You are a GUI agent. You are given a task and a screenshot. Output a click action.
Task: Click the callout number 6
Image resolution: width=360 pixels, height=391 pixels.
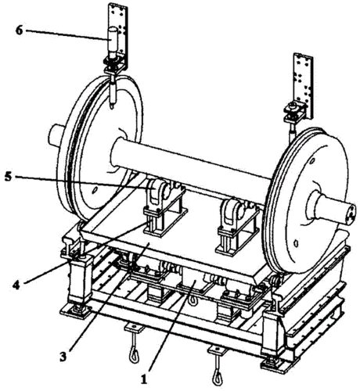[x=19, y=30]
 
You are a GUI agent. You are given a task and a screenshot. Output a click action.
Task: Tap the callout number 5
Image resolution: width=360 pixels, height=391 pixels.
[x=8, y=177]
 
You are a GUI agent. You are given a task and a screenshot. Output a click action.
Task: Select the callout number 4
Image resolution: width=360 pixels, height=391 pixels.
[x=16, y=285]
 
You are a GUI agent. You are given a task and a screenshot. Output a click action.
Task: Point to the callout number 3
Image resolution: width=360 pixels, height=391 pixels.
[x=63, y=357]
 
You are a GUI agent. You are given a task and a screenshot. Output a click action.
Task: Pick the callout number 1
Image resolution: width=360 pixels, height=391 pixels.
[x=144, y=379]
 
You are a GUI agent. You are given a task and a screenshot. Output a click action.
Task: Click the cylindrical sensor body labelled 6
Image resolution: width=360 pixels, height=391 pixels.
[x=113, y=42]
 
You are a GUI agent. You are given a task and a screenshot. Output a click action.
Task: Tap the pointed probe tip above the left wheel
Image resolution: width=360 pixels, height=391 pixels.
[x=112, y=106]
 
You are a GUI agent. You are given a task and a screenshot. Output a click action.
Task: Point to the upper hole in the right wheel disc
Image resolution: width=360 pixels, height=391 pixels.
[x=311, y=161]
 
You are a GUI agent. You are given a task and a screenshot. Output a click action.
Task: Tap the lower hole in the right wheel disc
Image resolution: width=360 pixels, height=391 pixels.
[x=296, y=242]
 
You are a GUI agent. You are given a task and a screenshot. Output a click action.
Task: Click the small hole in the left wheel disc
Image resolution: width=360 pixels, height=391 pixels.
[x=95, y=189]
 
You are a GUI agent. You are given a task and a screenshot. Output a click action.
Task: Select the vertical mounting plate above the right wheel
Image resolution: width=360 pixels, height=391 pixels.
[x=304, y=86]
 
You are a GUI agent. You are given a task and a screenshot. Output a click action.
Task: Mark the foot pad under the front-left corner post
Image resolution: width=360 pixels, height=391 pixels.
[x=75, y=310]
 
